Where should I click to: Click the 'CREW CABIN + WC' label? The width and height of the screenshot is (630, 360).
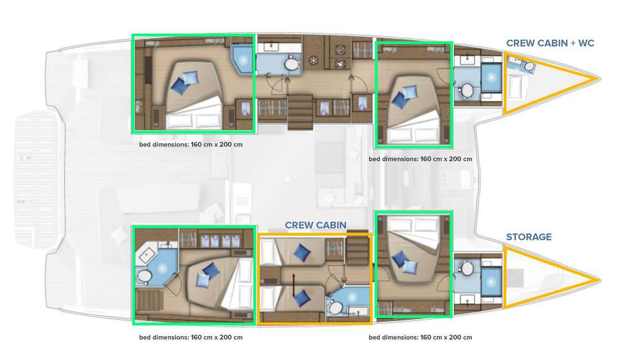[x=550, y=43]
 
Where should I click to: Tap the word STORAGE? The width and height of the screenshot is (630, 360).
[x=529, y=237]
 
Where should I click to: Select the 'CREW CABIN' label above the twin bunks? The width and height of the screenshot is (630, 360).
[x=315, y=225]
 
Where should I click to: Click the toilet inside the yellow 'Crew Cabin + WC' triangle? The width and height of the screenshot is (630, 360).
[x=528, y=66]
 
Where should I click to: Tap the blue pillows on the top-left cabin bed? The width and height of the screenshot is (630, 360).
[x=184, y=83]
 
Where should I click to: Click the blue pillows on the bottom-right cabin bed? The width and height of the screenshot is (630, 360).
[x=403, y=259]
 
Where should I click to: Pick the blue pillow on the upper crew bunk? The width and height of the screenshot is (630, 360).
[x=303, y=251]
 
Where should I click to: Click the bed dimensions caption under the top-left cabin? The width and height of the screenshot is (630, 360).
[x=191, y=145]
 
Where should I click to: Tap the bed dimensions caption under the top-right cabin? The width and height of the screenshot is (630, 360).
[x=420, y=159]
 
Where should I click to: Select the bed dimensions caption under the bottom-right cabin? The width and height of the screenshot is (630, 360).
[x=420, y=337]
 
